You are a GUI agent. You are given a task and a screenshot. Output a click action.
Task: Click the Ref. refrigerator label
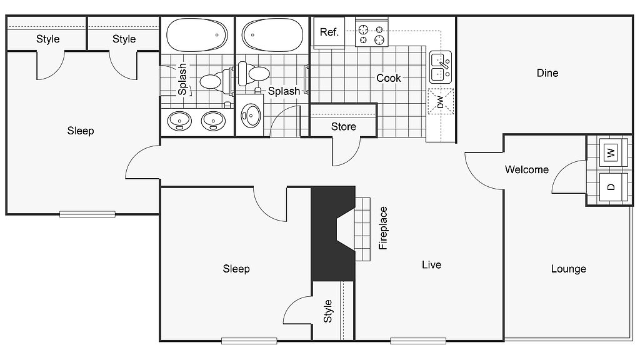329,32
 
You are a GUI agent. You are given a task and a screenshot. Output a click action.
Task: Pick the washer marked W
611,152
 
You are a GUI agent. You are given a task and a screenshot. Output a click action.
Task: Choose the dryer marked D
611,186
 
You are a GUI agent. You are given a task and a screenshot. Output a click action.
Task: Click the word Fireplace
383,227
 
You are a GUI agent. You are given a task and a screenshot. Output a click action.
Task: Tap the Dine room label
547,73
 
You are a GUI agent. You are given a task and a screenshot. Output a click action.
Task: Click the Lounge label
568,269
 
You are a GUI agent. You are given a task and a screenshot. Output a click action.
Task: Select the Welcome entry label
527,169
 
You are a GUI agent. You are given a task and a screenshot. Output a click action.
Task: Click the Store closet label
343,127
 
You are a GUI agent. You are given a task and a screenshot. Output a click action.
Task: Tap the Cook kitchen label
389,78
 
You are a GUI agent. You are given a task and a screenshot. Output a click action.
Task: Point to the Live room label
431,265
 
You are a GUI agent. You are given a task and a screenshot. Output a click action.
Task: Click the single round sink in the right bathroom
251,114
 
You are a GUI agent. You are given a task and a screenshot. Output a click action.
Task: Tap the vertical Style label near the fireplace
328,311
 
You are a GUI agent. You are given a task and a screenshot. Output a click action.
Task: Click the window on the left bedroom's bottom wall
87,214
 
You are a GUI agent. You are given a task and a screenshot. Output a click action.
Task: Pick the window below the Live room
417,341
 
